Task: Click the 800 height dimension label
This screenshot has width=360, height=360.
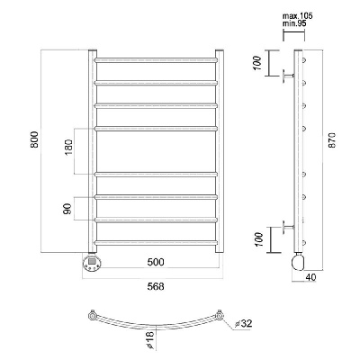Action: tap(34, 139)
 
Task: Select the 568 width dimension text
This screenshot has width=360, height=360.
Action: tap(156, 286)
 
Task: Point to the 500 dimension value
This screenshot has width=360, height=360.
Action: tap(156, 262)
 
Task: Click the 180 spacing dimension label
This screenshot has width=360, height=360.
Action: tap(68, 147)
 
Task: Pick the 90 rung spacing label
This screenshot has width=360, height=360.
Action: tap(67, 209)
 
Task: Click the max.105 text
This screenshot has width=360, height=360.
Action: tap(298, 16)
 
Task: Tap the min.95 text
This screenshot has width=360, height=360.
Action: tap(294, 23)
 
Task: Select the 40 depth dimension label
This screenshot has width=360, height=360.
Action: tap(310, 277)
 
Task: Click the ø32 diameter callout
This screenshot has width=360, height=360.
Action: tap(244, 323)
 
